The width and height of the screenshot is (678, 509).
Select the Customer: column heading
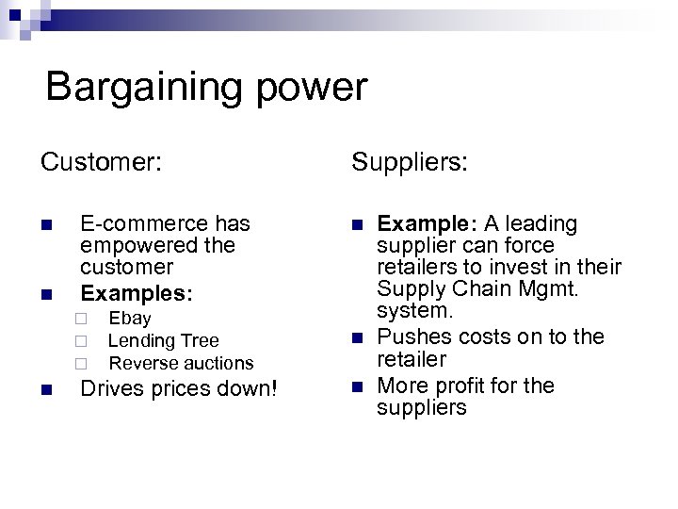(102, 162)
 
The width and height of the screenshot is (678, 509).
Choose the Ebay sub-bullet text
(130, 319)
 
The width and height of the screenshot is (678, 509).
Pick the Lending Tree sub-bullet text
(164, 340)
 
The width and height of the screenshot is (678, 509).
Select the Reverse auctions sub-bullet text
(182, 363)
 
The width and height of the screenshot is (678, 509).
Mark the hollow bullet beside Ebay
(83, 320)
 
